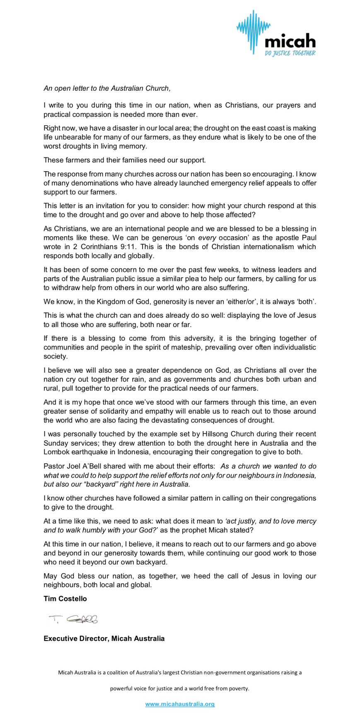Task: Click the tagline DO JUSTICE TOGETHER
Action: point(290,53)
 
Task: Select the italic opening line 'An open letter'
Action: point(107,88)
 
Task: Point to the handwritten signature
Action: point(73,619)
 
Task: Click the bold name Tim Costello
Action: point(65,599)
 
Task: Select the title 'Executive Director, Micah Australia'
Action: point(104,638)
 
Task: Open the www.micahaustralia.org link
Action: point(180,704)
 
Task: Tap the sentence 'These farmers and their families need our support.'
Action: point(125,160)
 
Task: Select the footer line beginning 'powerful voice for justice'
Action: point(179,688)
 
